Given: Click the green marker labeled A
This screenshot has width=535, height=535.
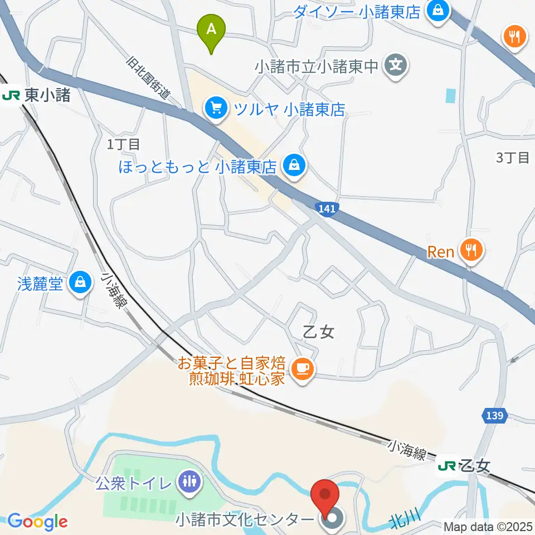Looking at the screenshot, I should pyautogui.click(x=211, y=32).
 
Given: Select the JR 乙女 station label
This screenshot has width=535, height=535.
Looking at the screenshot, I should pyautogui.click(x=464, y=466).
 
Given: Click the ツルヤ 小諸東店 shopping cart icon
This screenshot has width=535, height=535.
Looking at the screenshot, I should pyautogui.click(x=215, y=108).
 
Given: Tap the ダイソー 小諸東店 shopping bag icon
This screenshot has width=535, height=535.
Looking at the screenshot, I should pyautogui.click(x=439, y=11).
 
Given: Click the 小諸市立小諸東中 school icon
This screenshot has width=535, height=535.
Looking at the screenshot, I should pyautogui.click(x=396, y=66).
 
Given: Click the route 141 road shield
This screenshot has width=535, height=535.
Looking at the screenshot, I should pyautogui.click(x=328, y=208).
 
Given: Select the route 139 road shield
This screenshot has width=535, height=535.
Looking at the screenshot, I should pyautogui.click(x=494, y=415).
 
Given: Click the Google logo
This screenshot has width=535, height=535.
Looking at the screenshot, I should pyautogui.click(x=38, y=522).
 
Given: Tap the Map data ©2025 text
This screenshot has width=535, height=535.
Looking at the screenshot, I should pyautogui.click(x=488, y=526).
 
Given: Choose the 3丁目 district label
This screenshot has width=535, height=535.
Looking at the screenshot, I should pyautogui.click(x=513, y=158).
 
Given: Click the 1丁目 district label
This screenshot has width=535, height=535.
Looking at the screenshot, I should pyautogui.click(x=124, y=144).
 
